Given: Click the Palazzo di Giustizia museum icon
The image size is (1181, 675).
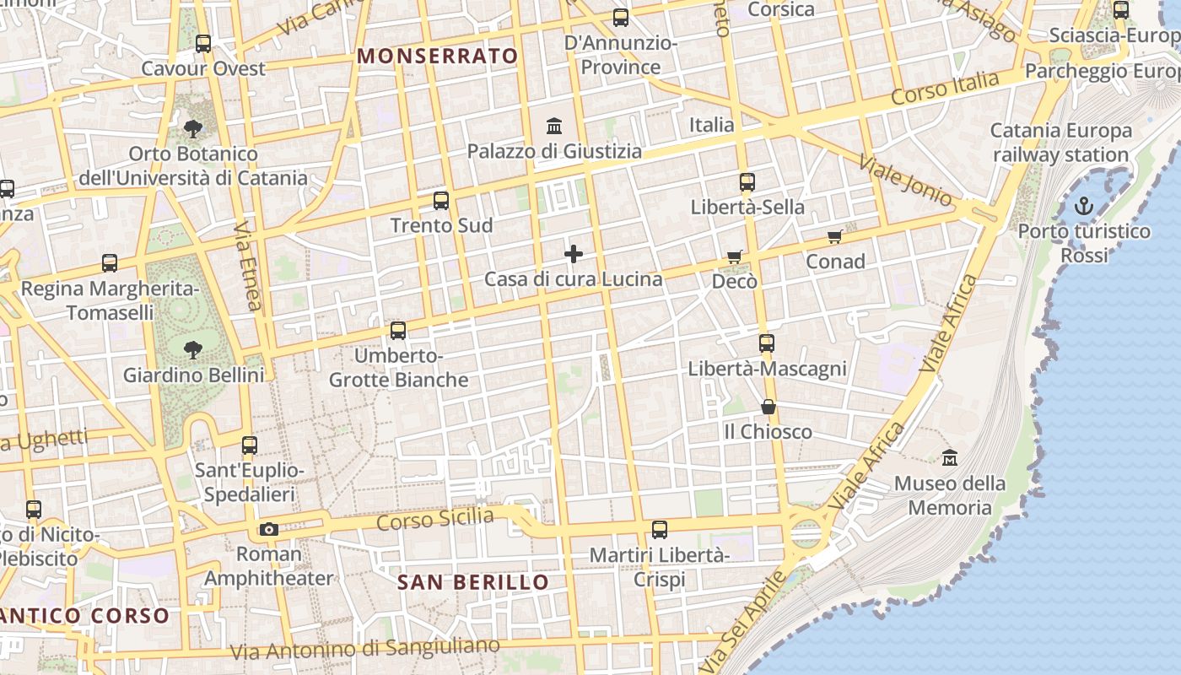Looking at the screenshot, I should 555,127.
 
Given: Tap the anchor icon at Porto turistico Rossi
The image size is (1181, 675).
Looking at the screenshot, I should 1084,206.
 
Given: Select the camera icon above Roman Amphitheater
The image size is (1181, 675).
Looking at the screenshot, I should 269,529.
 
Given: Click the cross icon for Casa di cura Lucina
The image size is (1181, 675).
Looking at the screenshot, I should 574,253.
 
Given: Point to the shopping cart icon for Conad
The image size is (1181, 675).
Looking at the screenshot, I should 835,237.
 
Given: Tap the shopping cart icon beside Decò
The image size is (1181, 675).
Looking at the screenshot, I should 735,256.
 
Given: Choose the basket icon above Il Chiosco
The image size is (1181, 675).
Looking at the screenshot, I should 768,408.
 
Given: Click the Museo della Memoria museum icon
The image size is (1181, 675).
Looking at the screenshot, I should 950,458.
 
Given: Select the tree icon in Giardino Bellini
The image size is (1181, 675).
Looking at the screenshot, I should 193,349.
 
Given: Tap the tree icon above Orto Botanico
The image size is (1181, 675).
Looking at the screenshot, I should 193,129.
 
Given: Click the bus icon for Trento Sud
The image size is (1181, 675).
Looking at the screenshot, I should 441,201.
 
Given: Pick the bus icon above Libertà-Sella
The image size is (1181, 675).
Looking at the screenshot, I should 747,182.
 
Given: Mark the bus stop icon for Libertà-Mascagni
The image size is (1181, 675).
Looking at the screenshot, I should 767,343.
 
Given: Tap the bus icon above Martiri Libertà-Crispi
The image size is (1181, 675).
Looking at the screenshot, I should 660,530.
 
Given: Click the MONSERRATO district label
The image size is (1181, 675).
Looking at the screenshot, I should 438,57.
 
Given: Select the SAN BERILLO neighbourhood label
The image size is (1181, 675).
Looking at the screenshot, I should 472,582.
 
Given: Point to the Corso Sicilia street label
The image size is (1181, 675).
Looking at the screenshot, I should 434,519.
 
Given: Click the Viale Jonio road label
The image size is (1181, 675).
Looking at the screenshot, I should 904,179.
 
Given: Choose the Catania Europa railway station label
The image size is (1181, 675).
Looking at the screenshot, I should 1060,143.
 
